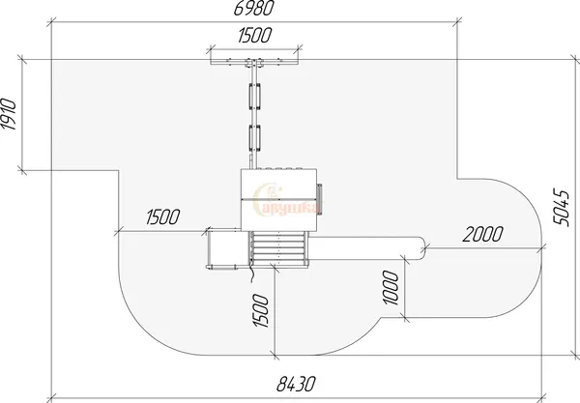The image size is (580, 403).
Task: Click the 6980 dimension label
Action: pyautogui.click(x=254, y=8)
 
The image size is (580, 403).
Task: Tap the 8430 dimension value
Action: pyautogui.click(x=297, y=384)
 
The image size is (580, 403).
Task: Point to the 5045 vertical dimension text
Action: pyautogui.click(x=561, y=208)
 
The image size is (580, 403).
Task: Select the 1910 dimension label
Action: pyautogui.click(x=9, y=114)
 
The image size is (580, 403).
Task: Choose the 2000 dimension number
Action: pyautogui.click(x=483, y=234)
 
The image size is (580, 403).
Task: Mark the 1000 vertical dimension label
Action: pyautogui.click(x=391, y=288)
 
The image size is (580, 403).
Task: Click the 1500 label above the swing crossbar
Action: pyautogui.click(x=255, y=35)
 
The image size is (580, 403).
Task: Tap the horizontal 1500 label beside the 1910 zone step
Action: pyautogui.click(x=163, y=217)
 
